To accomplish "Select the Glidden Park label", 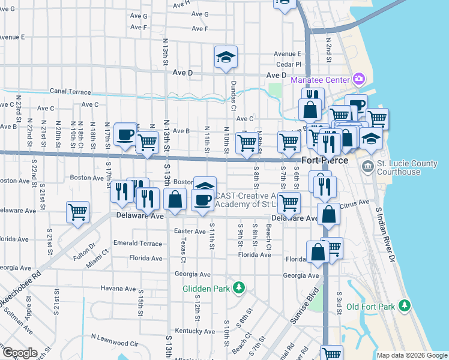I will tap(206, 289).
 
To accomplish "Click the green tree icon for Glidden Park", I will tap(240, 289).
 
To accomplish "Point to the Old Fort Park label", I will tap(370, 307).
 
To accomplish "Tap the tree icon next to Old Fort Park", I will tap(405, 307).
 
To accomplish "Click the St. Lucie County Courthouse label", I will tap(406, 167).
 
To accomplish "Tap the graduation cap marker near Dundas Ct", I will tap(226, 58).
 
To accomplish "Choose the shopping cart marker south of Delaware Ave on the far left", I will tap(77, 213).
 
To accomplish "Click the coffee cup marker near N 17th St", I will tap(125, 134).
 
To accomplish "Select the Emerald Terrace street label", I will tap(137, 244).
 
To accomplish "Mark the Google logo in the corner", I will tap(20, 352).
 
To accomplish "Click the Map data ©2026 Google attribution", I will tap(412, 355).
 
